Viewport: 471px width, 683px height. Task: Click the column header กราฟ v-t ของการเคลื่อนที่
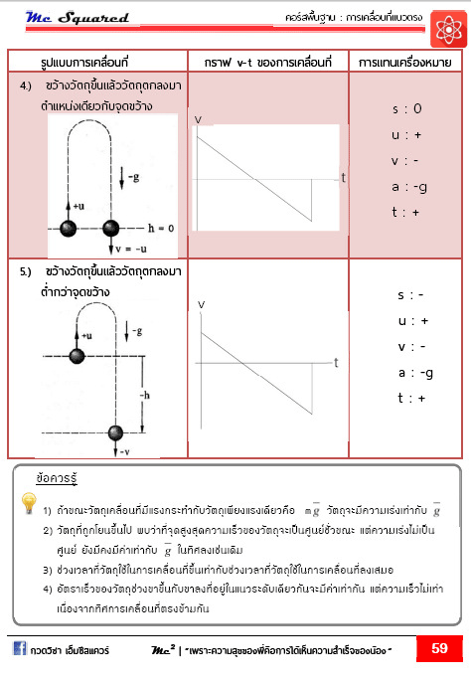(264, 62)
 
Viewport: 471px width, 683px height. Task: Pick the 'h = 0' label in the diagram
(158, 227)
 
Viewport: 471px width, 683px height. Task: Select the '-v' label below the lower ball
(126, 451)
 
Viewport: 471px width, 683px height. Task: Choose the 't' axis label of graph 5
(337, 362)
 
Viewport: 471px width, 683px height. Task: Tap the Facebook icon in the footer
(19, 649)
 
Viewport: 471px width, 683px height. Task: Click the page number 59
(439, 649)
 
